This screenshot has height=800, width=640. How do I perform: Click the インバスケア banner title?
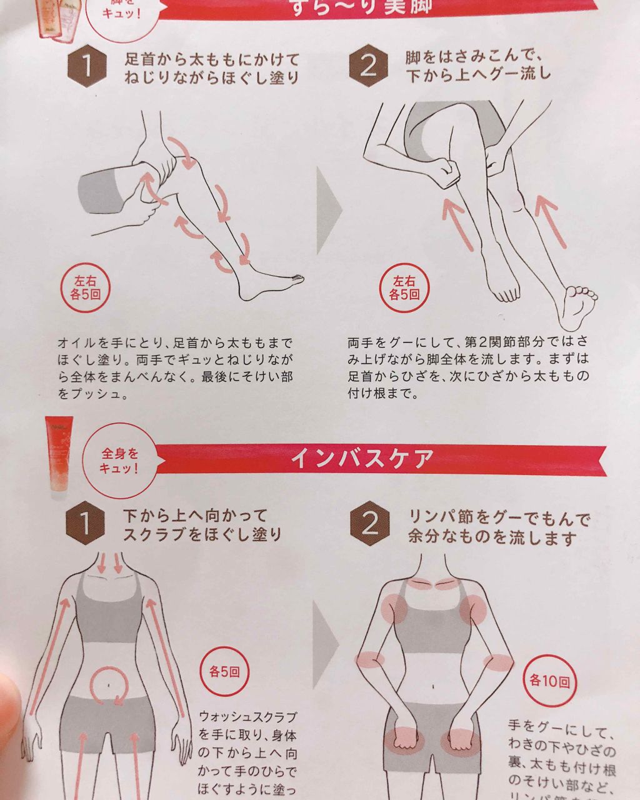coord(362,459)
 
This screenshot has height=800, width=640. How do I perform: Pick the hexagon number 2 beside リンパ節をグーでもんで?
coord(370,524)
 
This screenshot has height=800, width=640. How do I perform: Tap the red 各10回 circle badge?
coord(549,681)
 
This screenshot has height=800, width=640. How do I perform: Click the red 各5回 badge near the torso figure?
coord(224,672)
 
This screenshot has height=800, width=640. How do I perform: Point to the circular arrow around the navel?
coord(110,685)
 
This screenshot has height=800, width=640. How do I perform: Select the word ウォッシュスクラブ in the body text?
coord(247,716)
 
